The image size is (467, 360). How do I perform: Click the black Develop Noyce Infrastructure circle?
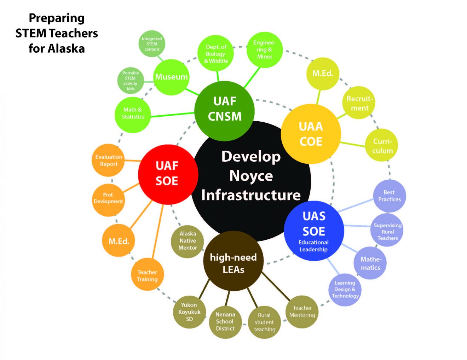[251, 176]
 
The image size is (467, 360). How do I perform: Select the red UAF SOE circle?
[167, 174]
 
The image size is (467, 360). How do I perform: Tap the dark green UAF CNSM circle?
[225, 110]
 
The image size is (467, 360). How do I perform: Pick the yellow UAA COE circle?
[311, 134]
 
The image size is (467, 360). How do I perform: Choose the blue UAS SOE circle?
[314, 230]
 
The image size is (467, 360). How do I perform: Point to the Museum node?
[172, 77]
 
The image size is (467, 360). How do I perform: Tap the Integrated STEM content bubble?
[152, 44]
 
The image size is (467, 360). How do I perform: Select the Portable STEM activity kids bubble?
[131, 81]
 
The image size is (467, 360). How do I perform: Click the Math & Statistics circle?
[133, 114]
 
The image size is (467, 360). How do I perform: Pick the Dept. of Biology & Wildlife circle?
[216, 54]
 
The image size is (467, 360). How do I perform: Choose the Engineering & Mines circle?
[265, 50]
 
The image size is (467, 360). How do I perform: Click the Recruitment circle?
[359, 103]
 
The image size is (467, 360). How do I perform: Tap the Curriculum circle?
[382, 145]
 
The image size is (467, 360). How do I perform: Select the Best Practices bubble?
[389, 196]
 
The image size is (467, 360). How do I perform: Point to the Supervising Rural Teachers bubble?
[387, 231]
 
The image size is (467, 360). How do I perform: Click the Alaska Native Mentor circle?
[188, 241]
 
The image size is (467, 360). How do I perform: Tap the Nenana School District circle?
[225, 321]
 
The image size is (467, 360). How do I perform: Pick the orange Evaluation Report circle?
[109, 160]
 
